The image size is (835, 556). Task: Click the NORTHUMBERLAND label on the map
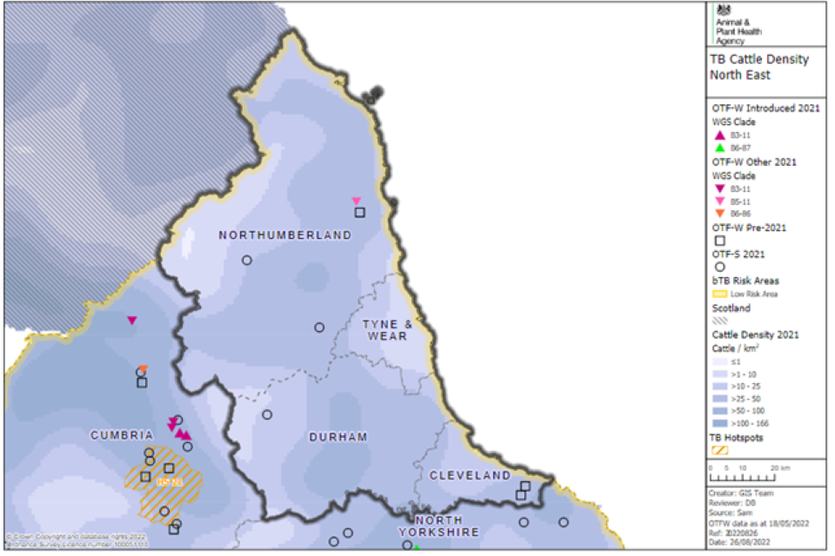(284, 235)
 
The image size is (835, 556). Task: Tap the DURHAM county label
(337, 437)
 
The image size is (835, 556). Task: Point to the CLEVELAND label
(470, 475)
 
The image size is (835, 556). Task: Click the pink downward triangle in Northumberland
(356, 202)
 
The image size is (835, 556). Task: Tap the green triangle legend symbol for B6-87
(719, 149)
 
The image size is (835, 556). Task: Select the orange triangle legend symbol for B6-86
(719, 214)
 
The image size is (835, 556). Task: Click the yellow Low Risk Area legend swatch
(720, 294)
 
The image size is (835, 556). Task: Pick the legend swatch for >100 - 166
(720, 423)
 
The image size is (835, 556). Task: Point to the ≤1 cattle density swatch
(720, 361)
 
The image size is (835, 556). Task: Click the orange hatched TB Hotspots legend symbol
(720, 449)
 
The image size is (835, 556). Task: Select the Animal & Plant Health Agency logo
(736, 23)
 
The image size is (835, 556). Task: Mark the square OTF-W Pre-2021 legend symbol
(719, 241)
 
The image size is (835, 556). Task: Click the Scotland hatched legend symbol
(720, 320)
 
